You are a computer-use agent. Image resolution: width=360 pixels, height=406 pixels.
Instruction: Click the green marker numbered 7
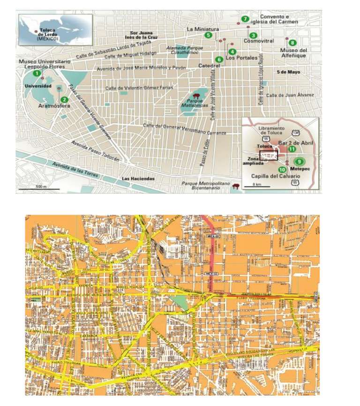click(245, 19)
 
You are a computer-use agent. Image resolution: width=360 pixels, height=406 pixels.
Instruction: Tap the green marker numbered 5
click(208, 35)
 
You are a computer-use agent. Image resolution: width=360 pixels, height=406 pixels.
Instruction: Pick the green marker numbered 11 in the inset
click(292, 149)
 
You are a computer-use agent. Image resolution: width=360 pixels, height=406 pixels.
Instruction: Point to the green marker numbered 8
click(292, 43)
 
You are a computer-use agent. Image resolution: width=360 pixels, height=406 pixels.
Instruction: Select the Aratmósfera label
click(51, 106)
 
